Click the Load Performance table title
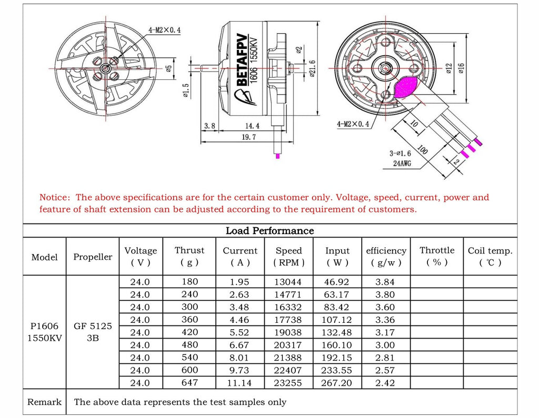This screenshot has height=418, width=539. tap(269, 231)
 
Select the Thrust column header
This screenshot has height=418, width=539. tap(189, 256)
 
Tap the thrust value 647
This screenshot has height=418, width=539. tap(189, 383)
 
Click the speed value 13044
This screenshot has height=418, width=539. tap(288, 282)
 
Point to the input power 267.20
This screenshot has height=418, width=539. tap(337, 383)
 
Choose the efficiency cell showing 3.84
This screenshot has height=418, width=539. tap(385, 282)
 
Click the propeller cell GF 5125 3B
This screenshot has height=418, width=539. tap(93, 332)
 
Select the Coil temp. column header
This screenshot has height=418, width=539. tap(490, 256)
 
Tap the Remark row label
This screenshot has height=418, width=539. tap(45, 402)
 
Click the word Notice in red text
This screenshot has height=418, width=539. tap(54, 198)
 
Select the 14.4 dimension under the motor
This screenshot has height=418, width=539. tap(252, 125)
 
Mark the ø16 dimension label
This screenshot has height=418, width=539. tap(462, 69)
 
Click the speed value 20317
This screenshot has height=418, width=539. tap(288, 345)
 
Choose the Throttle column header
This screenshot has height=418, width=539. tap(436, 256)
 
